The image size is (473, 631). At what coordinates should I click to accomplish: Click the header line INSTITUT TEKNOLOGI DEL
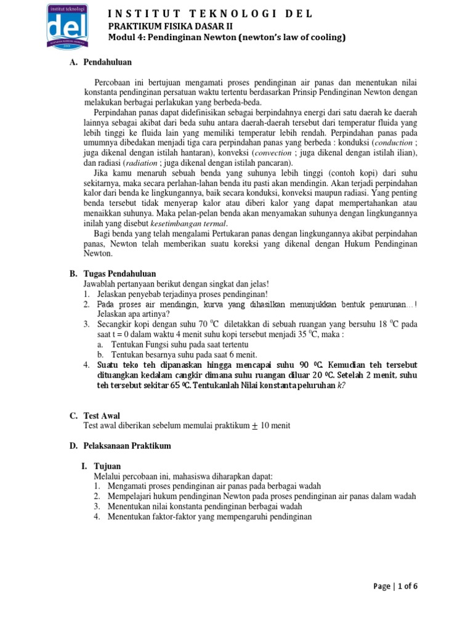click(x=211, y=14)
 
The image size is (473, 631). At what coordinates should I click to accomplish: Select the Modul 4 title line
click(x=227, y=38)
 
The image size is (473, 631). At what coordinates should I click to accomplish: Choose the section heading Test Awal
click(x=102, y=416)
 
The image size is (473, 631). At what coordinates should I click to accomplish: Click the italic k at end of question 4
click(x=339, y=385)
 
